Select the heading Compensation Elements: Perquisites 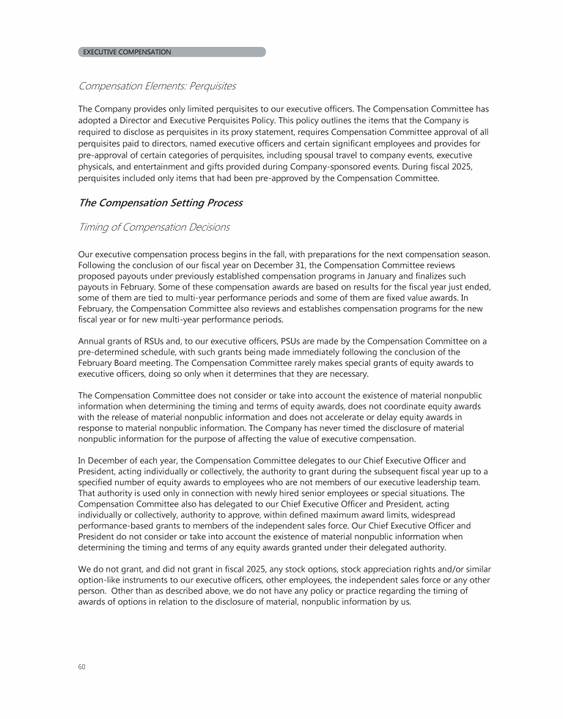tap(157, 86)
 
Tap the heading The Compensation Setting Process tap(160, 202)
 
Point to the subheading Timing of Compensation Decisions tap(153, 227)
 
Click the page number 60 tap(81, 666)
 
